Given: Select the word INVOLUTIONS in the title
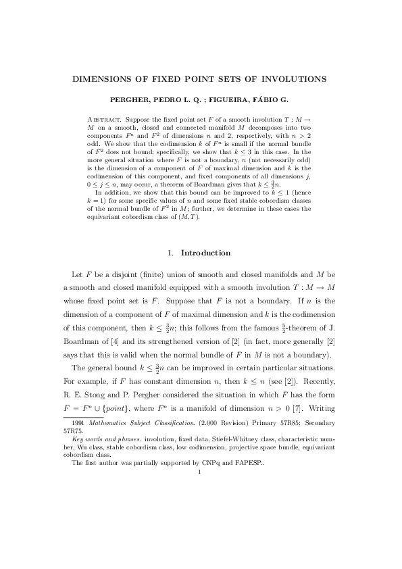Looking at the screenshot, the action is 295,79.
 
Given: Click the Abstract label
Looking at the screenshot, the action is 103,119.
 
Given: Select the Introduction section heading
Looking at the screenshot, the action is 205,253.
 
